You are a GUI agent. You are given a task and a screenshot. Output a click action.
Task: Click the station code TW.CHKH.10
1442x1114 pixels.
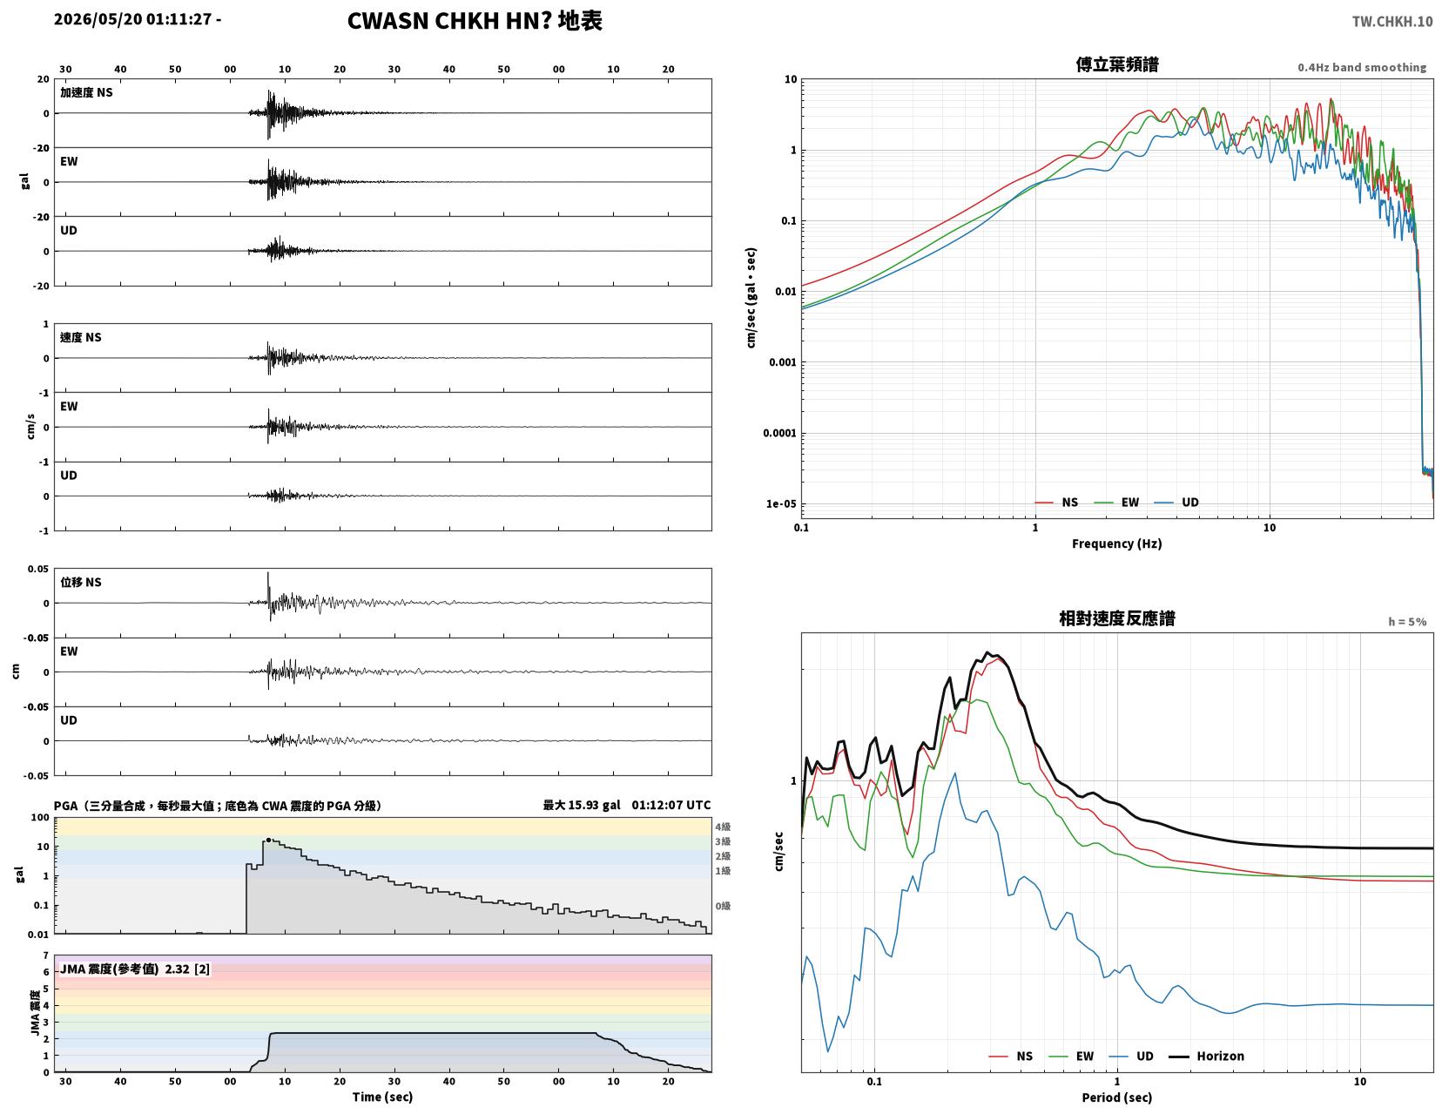click(1392, 21)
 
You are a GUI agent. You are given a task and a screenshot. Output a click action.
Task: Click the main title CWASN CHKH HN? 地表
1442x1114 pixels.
click(475, 21)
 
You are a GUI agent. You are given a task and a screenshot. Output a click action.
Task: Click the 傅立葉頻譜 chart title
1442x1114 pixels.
click(1117, 64)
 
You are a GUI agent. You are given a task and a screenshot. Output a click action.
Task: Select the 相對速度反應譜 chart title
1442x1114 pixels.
click(1117, 618)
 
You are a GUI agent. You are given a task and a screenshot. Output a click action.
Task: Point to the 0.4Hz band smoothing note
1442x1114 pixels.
click(1362, 67)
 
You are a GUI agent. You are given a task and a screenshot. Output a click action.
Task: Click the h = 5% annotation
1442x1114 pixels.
click(1407, 622)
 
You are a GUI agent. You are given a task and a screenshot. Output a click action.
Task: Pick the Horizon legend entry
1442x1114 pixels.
click(1206, 1057)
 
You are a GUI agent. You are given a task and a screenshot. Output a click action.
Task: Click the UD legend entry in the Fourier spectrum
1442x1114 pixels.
click(1176, 503)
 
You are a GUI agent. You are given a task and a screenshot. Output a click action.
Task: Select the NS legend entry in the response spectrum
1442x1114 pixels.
click(1011, 1057)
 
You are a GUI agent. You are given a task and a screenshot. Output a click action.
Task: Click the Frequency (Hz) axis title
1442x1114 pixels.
click(1117, 543)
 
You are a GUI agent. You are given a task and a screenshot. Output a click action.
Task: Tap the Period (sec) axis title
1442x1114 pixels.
click(1117, 1097)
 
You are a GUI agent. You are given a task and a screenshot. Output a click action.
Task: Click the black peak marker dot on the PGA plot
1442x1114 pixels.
click(268, 840)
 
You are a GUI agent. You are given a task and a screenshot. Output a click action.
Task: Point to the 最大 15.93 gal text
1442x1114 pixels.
click(582, 805)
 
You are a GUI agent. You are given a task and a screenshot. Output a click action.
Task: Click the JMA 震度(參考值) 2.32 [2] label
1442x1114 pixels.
click(135, 969)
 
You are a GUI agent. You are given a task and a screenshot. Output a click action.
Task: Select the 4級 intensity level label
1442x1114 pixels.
click(723, 827)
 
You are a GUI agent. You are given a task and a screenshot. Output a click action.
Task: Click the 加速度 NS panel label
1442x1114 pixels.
click(86, 92)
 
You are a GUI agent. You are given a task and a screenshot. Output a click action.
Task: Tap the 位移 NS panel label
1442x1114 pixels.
click(81, 582)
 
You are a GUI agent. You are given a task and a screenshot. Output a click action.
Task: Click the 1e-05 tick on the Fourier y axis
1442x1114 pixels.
click(781, 503)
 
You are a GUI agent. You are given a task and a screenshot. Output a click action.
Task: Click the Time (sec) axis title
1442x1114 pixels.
click(382, 1097)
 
